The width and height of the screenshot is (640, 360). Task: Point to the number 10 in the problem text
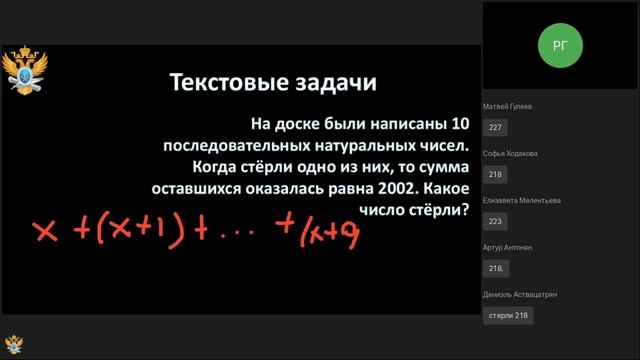coord(459,123)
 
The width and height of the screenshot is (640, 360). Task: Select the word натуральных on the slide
coord(357,144)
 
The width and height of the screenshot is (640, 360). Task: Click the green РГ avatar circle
coord(559,45)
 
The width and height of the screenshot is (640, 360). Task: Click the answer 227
coord(495,128)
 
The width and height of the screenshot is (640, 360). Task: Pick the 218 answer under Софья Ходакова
coord(495,175)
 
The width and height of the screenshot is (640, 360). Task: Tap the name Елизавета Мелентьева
coord(521,200)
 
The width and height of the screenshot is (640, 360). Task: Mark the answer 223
coord(495,222)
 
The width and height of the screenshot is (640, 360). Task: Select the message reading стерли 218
coord(507,315)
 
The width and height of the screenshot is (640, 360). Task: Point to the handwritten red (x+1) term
coord(147,232)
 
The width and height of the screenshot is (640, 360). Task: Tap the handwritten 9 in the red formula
coord(349,234)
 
